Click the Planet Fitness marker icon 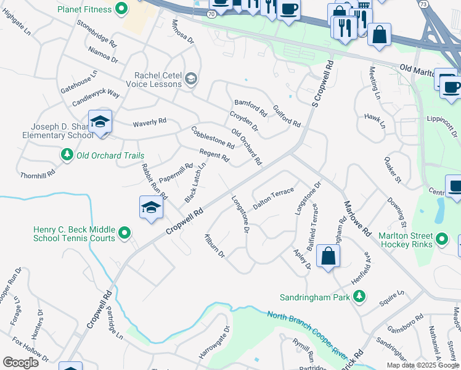[x=121, y=9]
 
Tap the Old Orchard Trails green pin [x=67, y=154]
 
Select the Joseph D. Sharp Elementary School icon [x=100, y=121]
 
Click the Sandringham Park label [x=314, y=297]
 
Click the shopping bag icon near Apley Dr [x=328, y=255]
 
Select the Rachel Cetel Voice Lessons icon [x=191, y=78]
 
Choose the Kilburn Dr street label [x=216, y=245]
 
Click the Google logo [x=20, y=363]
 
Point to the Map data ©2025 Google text [x=422, y=365]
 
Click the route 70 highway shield [x=211, y=13]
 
